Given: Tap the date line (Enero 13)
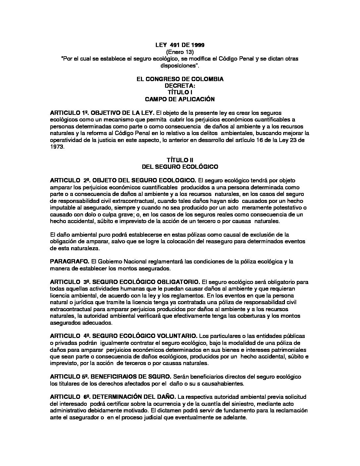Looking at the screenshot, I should [180, 52].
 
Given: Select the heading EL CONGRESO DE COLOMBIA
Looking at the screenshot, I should [180, 79].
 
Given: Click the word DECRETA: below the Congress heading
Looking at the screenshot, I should [180, 86].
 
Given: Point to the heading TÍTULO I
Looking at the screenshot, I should [180, 92].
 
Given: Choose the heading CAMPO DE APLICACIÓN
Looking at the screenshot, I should [180, 99].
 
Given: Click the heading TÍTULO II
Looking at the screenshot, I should [180, 160].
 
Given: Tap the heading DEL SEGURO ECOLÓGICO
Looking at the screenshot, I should [180, 166].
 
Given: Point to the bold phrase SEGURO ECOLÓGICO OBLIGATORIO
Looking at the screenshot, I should [146, 282].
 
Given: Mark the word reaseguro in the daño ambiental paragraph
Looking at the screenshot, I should [213, 241].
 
